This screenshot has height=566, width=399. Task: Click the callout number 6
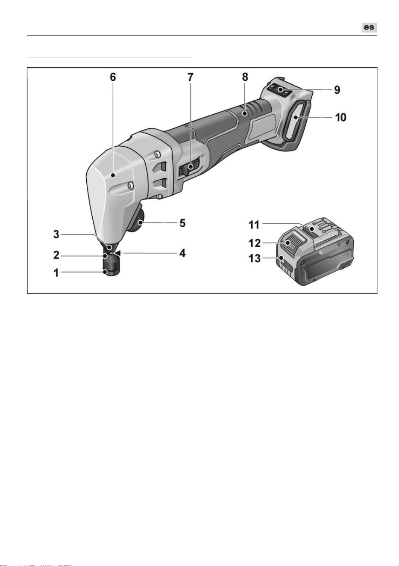pyautogui.click(x=113, y=77)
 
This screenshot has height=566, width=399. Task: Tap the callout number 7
pyautogui.click(x=190, y=77)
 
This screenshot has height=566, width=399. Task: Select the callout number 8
pyautogui.click(x=245, y=77)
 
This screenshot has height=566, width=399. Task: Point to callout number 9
pyautogui.click(x=337, y=90)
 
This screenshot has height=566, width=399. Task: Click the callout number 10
pyautogui.click(x=341, y=118)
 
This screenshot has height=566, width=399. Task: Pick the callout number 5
pyautogui.click(x=182, y=223)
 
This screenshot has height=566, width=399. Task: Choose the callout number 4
pyautogui.click(x=182, y=253)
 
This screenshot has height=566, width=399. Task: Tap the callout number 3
pyautogui.click(x=56, y=234)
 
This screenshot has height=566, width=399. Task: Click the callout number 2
pyautogui.click(x=56, y=255)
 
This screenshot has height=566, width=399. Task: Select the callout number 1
pyautogui.click(x=56, y=273)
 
